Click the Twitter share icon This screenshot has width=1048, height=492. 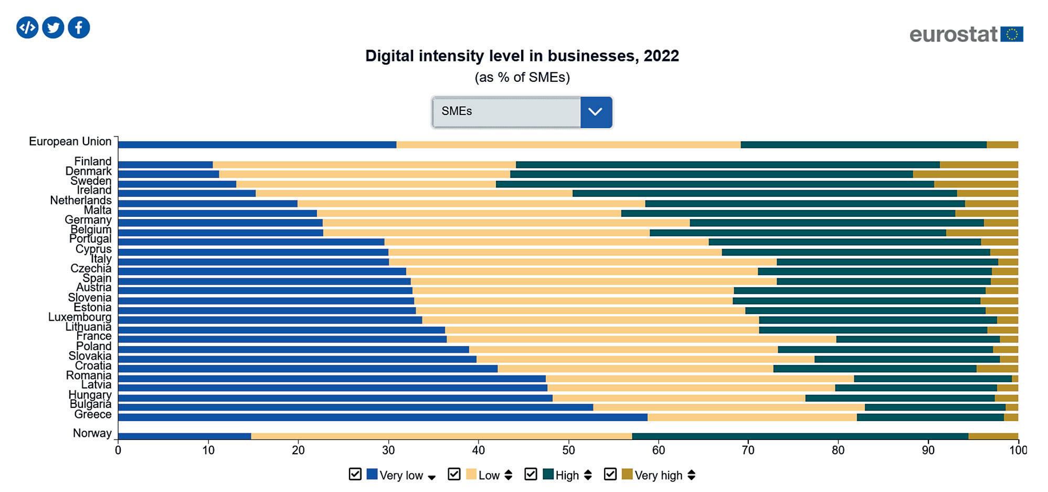coord(53,27)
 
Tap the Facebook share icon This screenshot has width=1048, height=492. coord(79,27)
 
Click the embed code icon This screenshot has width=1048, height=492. coord(27,27)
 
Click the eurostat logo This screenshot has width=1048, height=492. coord(966,34)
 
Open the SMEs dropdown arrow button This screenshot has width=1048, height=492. coord(596,112)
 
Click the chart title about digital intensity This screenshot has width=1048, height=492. coord(522,56)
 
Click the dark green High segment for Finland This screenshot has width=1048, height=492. coord(727,165)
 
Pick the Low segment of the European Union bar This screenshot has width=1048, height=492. coord(568,145)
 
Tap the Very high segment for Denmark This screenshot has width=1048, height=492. coord(965,174)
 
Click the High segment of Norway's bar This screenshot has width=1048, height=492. coord(800,436)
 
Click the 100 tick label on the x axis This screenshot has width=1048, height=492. coord(1018,450)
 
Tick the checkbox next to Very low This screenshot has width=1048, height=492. coord(355,475)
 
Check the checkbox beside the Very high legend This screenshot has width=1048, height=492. coord(610,475)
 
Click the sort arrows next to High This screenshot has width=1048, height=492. coord(588,475)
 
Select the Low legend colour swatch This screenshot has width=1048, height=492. coord(471,475)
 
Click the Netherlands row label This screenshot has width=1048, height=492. coord(81,200)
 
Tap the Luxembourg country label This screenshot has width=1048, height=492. coord(80,317)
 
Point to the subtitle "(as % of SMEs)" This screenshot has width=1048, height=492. coord(522,77)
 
